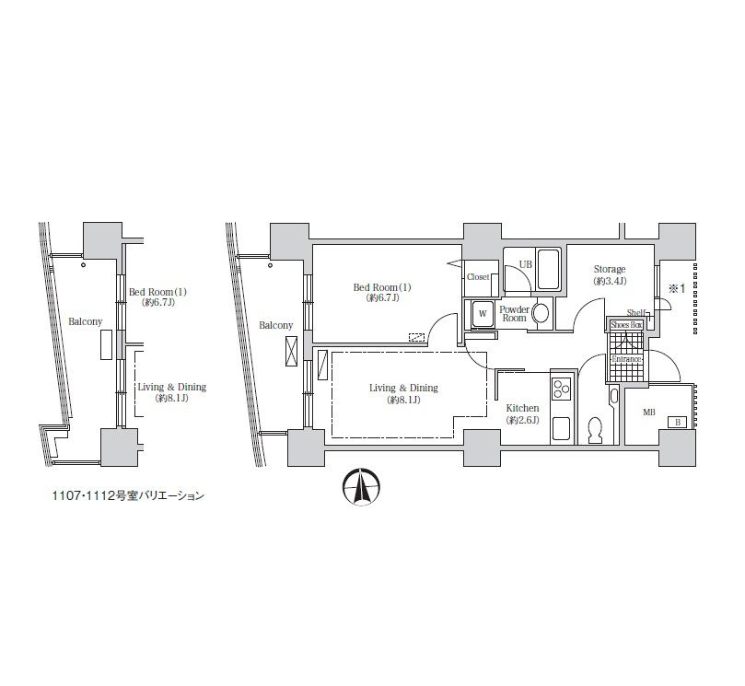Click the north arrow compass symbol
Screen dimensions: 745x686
(x=361, y=486)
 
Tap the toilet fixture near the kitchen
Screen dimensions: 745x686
(x=595, y=430)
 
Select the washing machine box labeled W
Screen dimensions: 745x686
(x=483, y=314)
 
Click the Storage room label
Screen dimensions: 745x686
(x=610, y=270)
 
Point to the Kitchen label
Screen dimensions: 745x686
(x=522, y=408)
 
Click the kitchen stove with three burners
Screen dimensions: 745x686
(x=563, y=389)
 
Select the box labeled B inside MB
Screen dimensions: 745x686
(x=677, y=422)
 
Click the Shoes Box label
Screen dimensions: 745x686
(x=626, y=325)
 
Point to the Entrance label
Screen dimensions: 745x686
(x=626, y=359)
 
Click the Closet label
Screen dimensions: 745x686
(x=478, y=276)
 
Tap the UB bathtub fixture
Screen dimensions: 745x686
(x=548, y=269)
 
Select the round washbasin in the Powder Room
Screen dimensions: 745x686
(x=541, y=314)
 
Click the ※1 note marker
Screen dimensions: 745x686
(x=677, y=288)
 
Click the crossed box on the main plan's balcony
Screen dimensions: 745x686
(x=291, y=351)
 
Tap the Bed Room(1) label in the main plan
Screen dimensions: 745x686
(x=382, y=287)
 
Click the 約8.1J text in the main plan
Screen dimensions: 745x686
(x=404, y=400)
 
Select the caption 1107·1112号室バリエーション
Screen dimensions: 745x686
(x=128, y=496)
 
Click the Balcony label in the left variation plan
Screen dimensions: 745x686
(x=85, y=321)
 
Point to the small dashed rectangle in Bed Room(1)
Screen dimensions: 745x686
(x=416, y=337)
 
